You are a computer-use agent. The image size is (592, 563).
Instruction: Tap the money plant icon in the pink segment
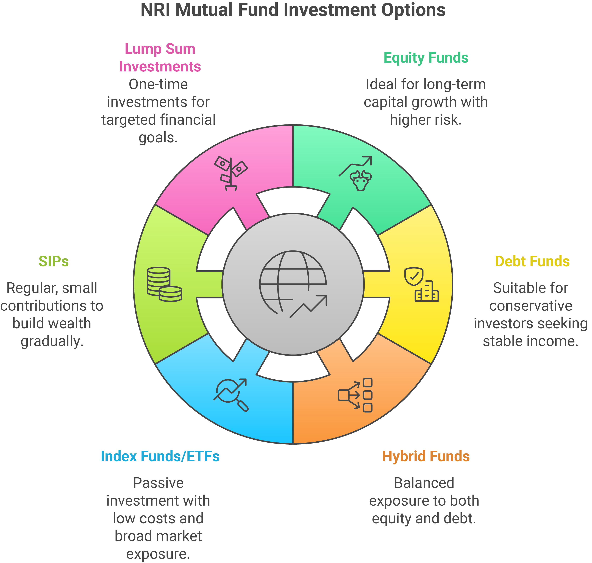(230, 174)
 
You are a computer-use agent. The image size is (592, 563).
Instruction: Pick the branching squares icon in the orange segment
(355, 395)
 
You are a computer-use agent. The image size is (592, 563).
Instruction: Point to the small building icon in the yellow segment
(427, 291)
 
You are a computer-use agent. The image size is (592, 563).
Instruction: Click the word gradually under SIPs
(52, 341)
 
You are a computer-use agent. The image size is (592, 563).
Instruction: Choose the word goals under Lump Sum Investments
(158, 138)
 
